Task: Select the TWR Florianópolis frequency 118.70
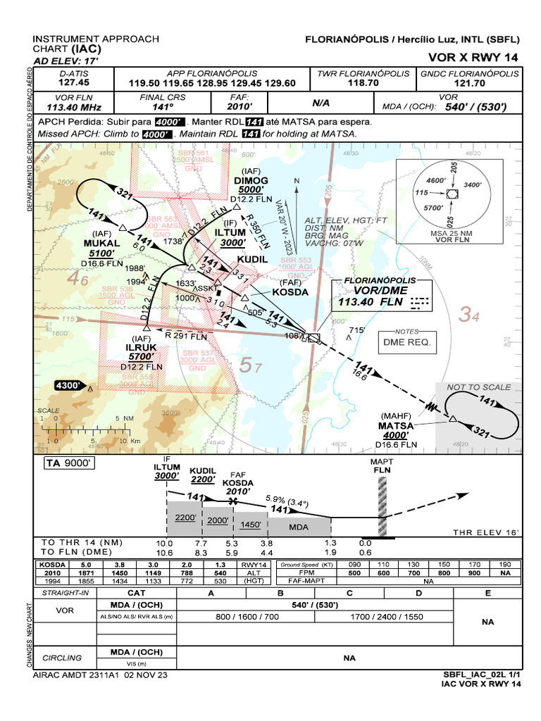[x=363, y=83]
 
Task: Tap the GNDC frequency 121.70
[x=470, y=83]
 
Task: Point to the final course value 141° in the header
[x=162, y=107]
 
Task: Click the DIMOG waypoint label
[x=251, y=180]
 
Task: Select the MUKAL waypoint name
[x=101, y=244]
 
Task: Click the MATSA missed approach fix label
[x=396, y=425]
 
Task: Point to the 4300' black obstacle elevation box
[x=69, y=386]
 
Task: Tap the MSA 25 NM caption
[x=452, y=232]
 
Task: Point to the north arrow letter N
[x=297, y=182]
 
